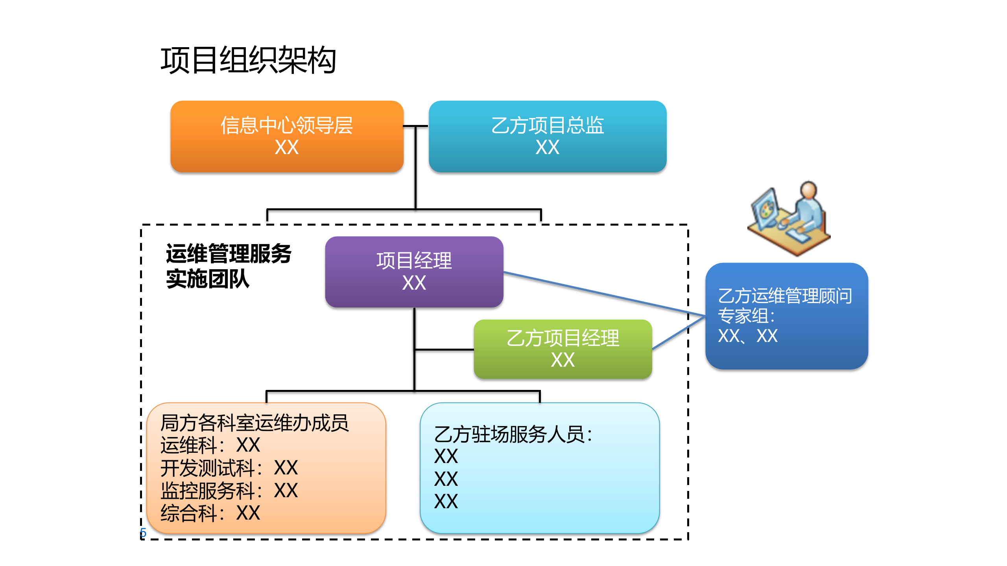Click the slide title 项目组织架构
click(x=248, y=60)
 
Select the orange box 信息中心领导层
click(x=287, y=136)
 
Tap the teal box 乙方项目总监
click(x=547, y=136)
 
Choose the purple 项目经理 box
click(x=414, y=271)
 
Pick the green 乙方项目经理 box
click(x=563, y=349)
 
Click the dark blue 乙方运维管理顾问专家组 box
click(x=786, y=316)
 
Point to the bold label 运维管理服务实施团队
click(x=228, y=266)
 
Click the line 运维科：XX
click(x=210, y=445)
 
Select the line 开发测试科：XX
click(x=229, y=468)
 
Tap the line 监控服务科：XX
click(x=229, y=491)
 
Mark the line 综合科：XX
click(x=210, y=513)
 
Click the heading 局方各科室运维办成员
click(x=254, y=423)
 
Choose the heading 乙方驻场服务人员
click(x=513, y=434)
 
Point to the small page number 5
click(x=143, y=533)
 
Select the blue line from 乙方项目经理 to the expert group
click(x=677, y=333)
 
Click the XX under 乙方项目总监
click(x=547, y=147)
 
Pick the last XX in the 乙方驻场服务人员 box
click(x=446, y=502)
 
